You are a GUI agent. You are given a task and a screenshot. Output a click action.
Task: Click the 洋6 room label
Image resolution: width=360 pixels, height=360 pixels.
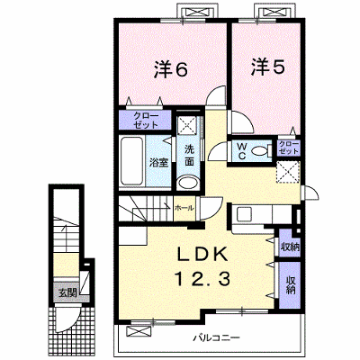pos(171,69)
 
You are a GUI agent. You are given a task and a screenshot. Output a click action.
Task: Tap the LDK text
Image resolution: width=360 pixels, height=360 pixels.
pos(202,255)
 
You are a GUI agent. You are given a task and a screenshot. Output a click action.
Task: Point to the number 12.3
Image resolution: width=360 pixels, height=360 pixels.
pos(202,278)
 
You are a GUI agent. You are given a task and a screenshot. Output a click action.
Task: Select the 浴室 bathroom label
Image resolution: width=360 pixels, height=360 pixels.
pos(158,163)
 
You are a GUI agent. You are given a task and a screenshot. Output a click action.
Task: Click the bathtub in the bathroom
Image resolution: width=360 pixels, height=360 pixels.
pos(132,161)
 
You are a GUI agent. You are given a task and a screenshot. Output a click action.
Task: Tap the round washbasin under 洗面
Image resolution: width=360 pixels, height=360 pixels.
pos(188,182)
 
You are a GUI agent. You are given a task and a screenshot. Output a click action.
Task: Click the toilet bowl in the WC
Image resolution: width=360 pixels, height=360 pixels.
pos(259,151)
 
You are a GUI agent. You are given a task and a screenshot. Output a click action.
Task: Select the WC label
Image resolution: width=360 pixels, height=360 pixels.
pos(242,151)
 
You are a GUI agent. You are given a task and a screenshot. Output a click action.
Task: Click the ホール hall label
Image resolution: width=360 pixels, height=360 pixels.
pos(184,208)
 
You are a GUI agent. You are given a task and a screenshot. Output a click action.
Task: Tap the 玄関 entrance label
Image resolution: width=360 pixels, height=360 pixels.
pos(67,292)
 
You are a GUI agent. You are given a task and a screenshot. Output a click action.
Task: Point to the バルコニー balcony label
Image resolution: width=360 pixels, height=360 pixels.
pos(216,338)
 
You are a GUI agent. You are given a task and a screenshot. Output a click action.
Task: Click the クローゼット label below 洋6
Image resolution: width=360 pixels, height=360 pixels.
pos(146,121)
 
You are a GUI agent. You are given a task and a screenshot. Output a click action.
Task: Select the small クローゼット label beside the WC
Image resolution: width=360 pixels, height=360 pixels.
pos(289,148)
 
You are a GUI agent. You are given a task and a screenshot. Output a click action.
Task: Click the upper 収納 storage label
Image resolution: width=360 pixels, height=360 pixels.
pos(290,247)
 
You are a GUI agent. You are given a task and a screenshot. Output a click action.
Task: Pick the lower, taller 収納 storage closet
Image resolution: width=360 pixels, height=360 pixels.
pos(290,285)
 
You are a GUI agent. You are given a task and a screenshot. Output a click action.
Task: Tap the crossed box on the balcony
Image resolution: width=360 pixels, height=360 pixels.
pos(139,331)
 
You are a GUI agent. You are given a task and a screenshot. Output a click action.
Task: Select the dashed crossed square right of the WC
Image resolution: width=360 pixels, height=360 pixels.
pos(288,171)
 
